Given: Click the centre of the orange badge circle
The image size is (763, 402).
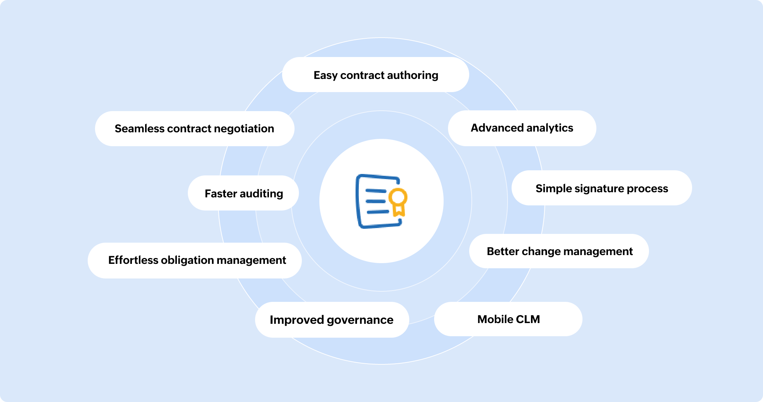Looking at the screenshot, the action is pos(398,197).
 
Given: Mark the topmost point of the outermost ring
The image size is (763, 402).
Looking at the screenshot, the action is pos(381,38).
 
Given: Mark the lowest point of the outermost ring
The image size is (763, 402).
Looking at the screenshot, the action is pos(381,364).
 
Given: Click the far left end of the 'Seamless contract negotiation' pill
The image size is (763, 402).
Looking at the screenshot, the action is pos(95,129).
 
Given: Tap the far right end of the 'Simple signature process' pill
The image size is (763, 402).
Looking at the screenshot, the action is pos(692,188).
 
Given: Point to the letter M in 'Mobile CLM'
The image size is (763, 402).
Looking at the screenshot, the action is pos(483,319).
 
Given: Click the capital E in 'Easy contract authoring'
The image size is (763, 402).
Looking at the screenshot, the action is pos(317,75).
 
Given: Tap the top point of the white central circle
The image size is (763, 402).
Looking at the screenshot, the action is pos(381,139).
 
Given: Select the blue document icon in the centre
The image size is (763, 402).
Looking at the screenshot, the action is pos(381,201).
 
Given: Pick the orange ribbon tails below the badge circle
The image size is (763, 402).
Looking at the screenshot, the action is pos(399,210).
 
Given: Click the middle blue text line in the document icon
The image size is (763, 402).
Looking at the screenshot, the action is pos(376,201).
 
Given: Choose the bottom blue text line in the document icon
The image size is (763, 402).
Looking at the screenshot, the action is pos(378,212).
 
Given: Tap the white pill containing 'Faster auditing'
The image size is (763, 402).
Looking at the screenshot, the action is pos(243,193).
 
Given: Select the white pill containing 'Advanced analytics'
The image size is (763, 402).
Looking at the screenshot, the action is pos(522,128).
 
